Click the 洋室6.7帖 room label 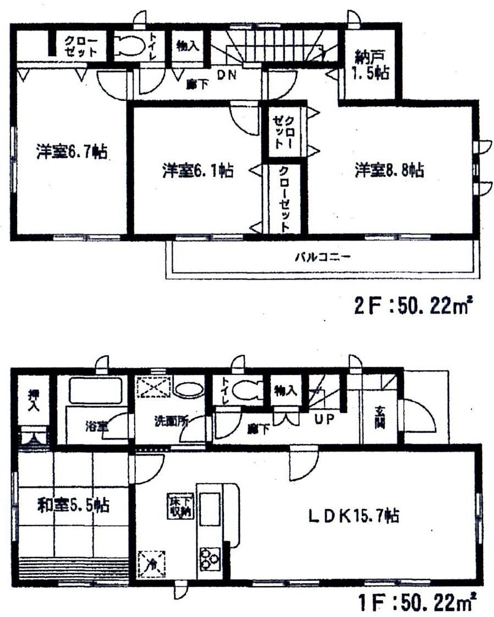pos(72,151)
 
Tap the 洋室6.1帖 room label pos(197,171)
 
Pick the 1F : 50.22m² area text pos(414,603)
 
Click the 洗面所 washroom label pos(171,423)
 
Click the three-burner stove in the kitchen pos(208,558)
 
